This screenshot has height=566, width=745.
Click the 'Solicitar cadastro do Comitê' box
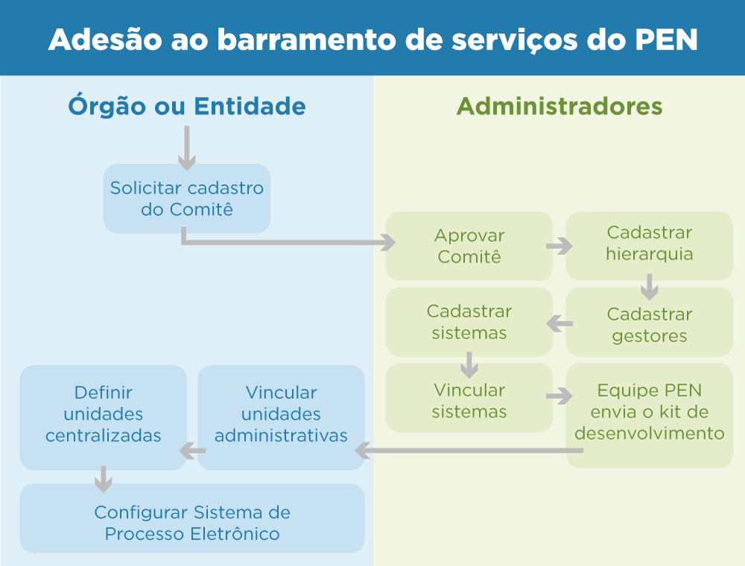click(186, 198)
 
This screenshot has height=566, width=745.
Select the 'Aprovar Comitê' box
click(469, 246)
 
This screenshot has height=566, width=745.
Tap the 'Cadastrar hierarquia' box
click(649, 243)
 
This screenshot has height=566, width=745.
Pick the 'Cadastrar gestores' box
click(649, 324)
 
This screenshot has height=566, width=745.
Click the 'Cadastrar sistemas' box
click(469, 321)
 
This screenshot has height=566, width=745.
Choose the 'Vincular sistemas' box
click(469, 400)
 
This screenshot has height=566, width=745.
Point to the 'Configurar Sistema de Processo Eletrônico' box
click(192, 523)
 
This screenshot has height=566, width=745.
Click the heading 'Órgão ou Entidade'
click(187, 106)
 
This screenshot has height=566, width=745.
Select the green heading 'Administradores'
click(559, 106)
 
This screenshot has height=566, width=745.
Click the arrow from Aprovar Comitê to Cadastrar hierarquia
click(559, 246)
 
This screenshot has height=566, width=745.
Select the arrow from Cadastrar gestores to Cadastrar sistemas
click(559, 324)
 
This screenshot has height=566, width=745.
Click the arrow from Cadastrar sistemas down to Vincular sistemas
click(469, 365)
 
